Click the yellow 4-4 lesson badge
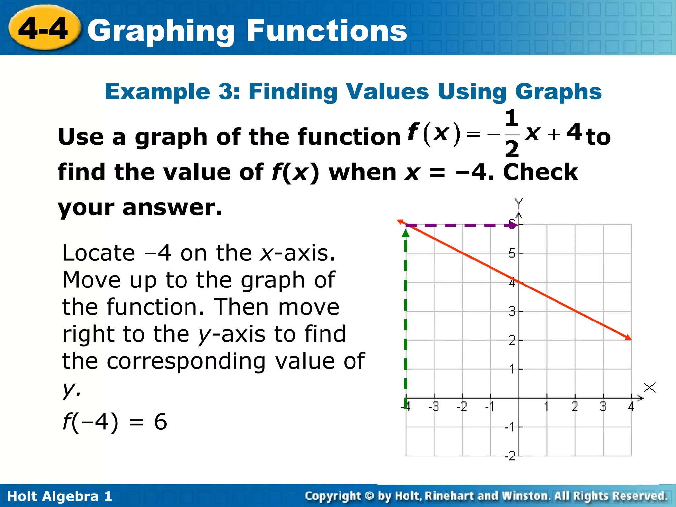click(x=44, y=29)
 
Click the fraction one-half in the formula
click(x=512, y=134)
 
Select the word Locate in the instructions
click(x=99, y=253)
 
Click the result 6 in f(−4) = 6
click(x=161, y=422)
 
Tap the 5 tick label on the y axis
click(x=511, y=253)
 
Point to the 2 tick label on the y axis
click(x=511, y=340)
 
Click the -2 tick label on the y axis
click(x=510, y=456)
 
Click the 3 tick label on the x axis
click(x=603, y=407)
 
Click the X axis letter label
click(x=650, y=388)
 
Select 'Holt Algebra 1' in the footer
click(x=59, y=496)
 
